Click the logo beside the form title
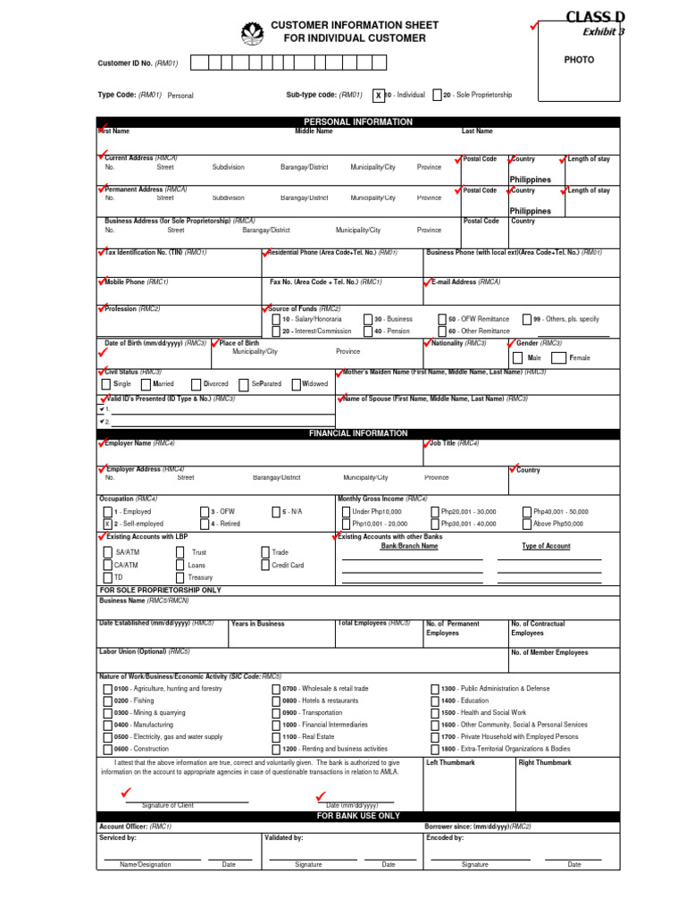point(252,34)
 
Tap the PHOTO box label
point(579,60)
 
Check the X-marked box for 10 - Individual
point(379,95)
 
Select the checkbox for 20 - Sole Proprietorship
point(436,95)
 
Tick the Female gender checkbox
point(559,357)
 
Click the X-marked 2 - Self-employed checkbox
point(107,524)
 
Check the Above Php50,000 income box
point(526,524)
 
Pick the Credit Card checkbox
point(265,565)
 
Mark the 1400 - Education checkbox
point(434,701)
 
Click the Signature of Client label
point(168,805)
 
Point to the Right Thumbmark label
point(545,763)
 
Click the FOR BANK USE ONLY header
point(358,817)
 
